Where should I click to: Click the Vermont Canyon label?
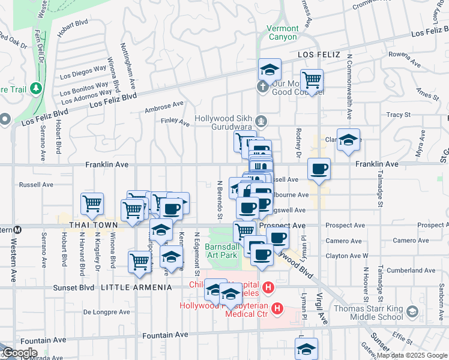282,32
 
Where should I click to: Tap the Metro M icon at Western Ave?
18,229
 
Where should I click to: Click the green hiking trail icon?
36,89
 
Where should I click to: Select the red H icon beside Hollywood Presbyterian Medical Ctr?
277,309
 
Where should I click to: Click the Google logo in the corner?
19,353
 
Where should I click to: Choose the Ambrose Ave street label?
164,107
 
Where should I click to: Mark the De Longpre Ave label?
103,311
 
